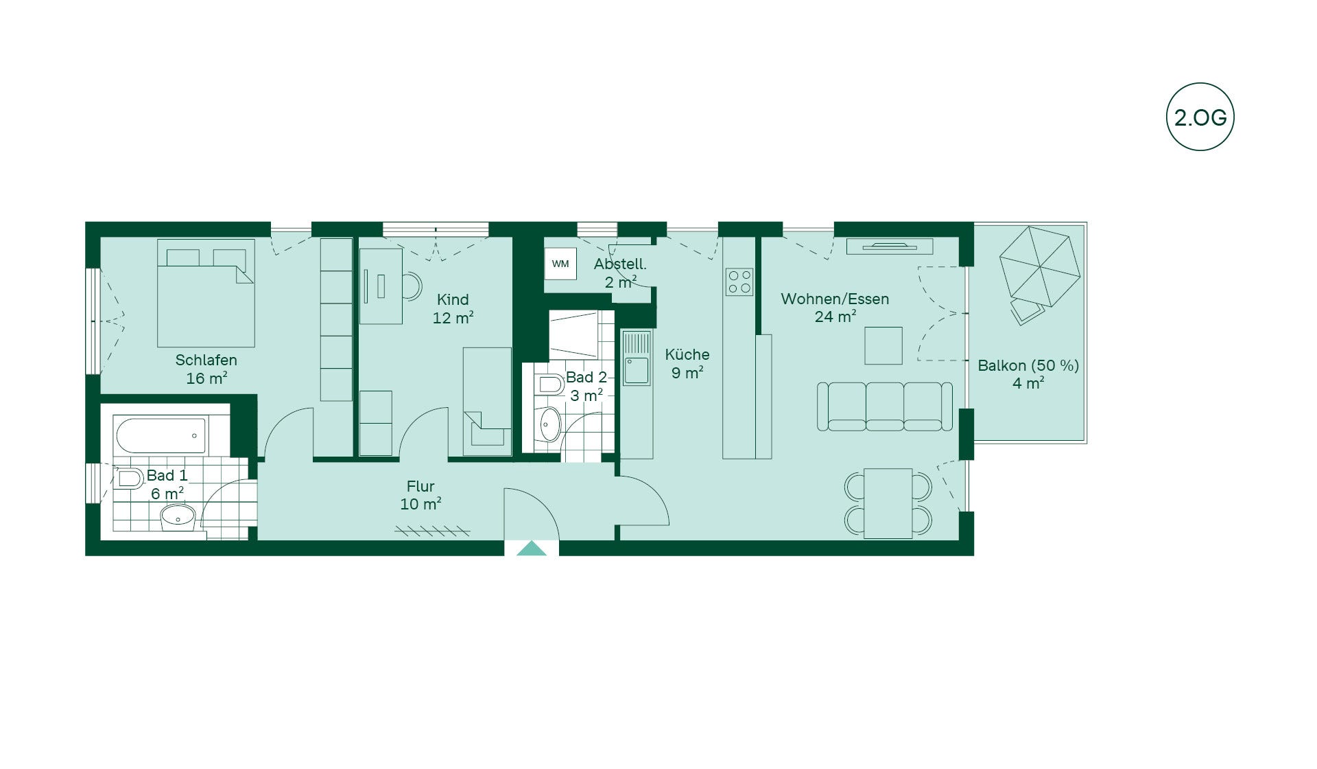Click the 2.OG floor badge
(x=1200, y=117)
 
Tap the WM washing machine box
(x=560, y=264)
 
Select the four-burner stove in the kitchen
(x=739, y=282)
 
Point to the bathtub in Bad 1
(x=161, y=436)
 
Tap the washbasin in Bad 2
(x=550, y=424)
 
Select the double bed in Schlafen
(x=206, y=293)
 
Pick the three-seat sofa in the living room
(x=885, y=406)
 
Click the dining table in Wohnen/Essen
(x=888, y=503)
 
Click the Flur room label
(x=420, y=487)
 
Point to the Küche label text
(x=687, y=354)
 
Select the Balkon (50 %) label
(x=1028, y=365)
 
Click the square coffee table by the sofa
(x=883, y=345)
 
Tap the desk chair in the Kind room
(x=412, y=286)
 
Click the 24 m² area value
(x=835, y=317)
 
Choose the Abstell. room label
(x=620, y=264)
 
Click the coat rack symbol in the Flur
(x=433, y=531)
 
